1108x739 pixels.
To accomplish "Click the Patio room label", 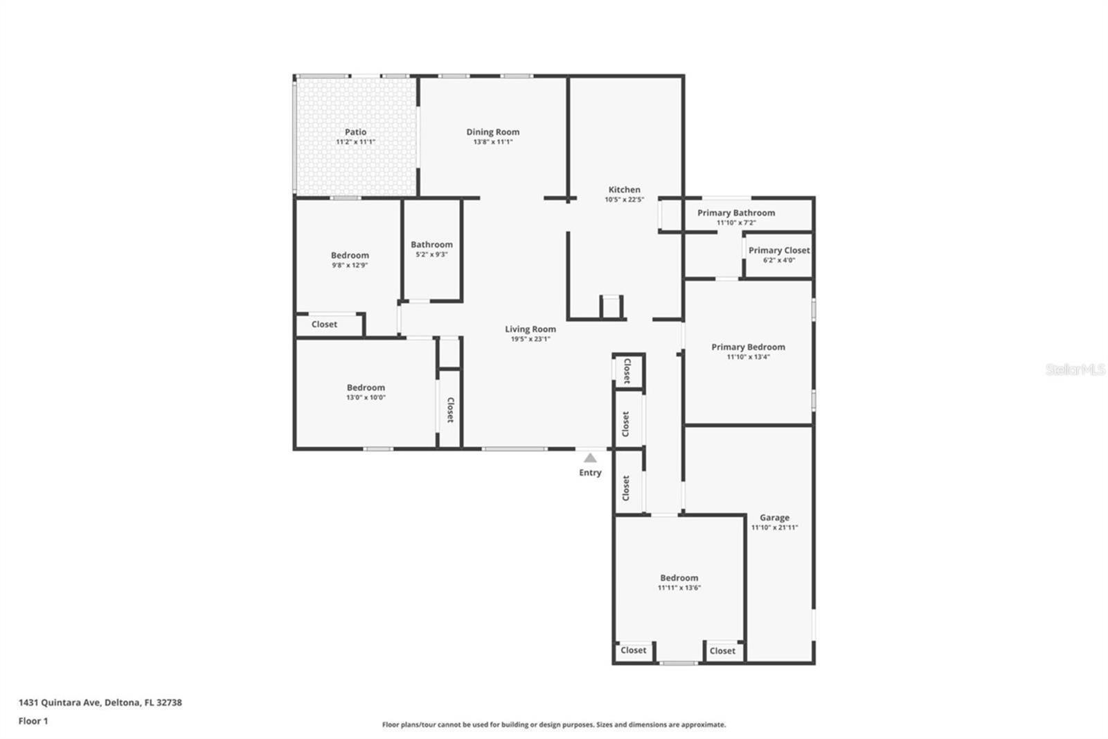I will coord(355,132).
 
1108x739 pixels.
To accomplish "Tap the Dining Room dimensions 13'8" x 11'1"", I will coord(492,142).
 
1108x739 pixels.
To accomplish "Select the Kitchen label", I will coord(624,189).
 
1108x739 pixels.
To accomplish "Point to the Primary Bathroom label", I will coord(735,213).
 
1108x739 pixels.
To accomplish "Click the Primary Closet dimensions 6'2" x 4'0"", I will coord(778,261).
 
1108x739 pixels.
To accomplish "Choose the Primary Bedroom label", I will coord(748,347).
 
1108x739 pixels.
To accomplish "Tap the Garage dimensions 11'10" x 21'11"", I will coord(774,528).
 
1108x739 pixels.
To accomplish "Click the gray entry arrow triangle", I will coord(590,458).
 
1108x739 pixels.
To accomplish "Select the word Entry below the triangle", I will coord(590,473).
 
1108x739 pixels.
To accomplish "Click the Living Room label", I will coord(530,329).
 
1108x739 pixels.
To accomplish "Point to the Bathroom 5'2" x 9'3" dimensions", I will coord(431,254).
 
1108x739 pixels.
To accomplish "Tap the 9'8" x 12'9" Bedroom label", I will coord(350,255).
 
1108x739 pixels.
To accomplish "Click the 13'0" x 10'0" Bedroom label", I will coord(366,388).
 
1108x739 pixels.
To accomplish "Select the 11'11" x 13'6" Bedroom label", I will coord(679,577).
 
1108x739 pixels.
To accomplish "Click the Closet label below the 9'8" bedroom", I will coord(324,324).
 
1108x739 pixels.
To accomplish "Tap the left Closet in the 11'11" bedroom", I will coord(633,650).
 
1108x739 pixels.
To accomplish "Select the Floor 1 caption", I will coord(33,721).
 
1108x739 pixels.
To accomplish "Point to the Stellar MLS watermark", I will coord(1075,369).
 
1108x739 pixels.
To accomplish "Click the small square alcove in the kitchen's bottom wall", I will coord(611,307).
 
